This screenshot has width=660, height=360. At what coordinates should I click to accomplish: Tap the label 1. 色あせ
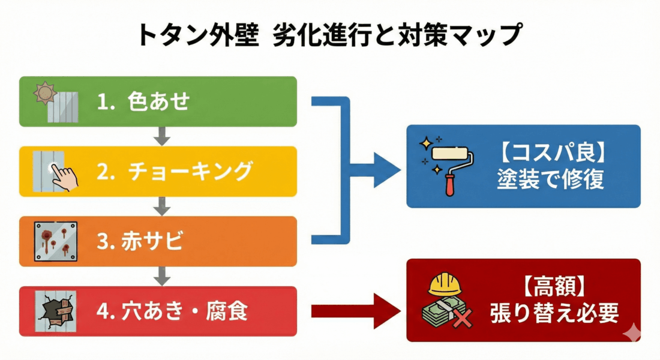pos(143,102)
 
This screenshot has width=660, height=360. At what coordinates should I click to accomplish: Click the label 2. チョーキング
pos(174,172)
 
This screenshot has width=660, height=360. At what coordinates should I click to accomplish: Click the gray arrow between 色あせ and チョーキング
pos(159,136)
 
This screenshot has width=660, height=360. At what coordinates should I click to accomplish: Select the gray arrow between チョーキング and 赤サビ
pos(159,206)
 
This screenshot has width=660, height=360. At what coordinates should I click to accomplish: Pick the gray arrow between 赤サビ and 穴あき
pos(159,277)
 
